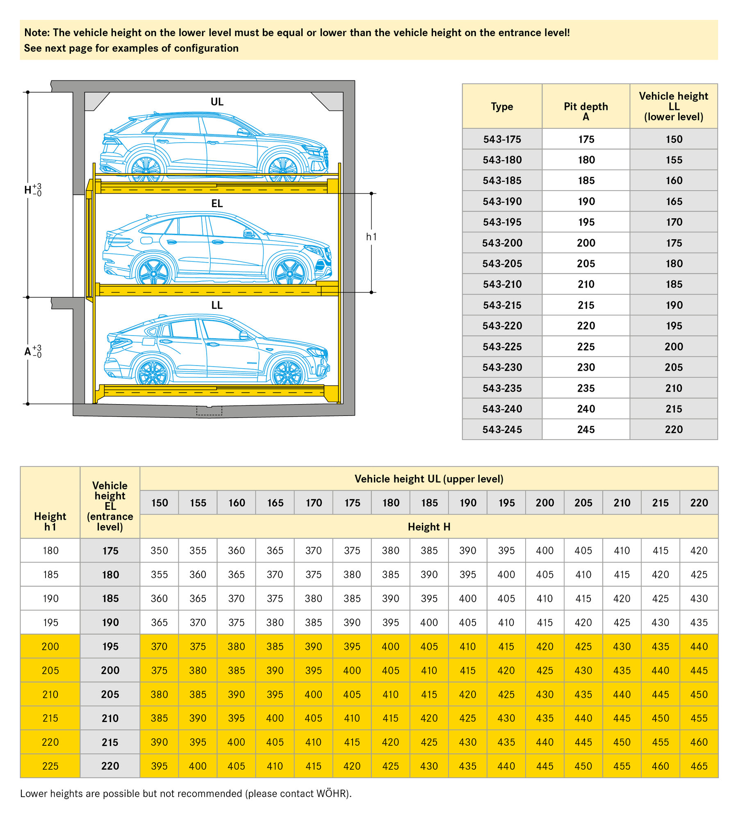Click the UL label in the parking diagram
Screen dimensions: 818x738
217,102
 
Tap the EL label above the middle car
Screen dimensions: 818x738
217,203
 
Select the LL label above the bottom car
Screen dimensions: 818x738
217,305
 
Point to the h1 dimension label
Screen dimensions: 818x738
371,237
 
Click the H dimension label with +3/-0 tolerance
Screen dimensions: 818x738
32,190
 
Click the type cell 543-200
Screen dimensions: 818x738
502,243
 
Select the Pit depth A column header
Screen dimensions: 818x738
585,111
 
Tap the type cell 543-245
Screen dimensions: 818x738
502,430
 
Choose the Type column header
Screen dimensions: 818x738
502,107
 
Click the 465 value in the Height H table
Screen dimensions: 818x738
699,766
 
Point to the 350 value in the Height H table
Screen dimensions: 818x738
159,551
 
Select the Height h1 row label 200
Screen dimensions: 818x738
50,647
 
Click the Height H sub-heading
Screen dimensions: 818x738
429,527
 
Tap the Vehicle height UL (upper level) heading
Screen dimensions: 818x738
429,479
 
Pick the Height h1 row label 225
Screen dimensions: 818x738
50,766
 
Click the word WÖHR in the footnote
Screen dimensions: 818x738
332,793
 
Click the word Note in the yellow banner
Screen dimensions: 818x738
36,33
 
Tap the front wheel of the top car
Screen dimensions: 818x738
283,169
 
